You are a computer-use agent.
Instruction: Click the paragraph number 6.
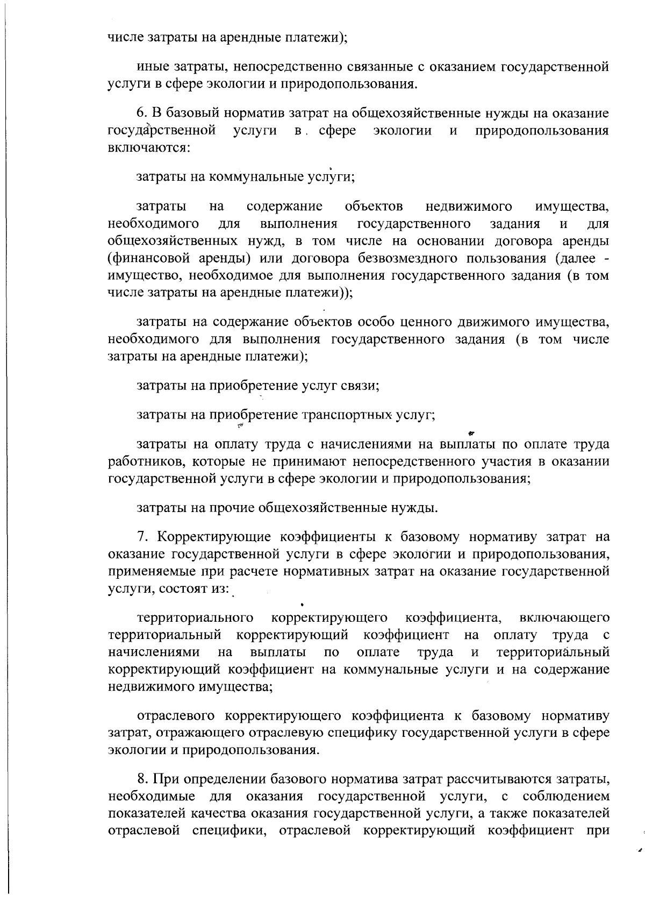[x=141, y=114]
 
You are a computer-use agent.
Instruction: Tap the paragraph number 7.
[x=142, y=537]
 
